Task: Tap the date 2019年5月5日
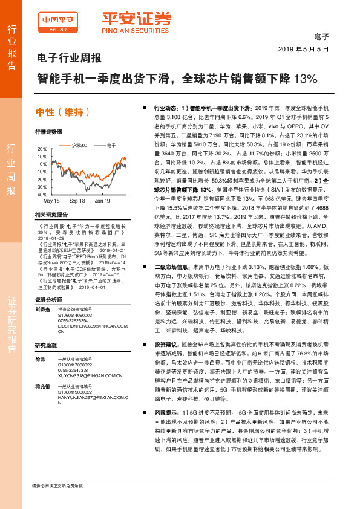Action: click(304, 48)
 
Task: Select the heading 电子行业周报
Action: click(66, 59)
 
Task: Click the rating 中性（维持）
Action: click(64, 112)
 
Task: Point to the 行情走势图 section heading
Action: click(48, 131)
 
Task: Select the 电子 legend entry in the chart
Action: click(111, 146)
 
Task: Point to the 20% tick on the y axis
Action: click(41, 149)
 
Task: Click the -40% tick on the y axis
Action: click(41, 195)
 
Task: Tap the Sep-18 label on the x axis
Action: click(77, 200)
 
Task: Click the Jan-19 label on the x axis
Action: click(102, 200)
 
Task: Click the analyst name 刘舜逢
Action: click(42, 309)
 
